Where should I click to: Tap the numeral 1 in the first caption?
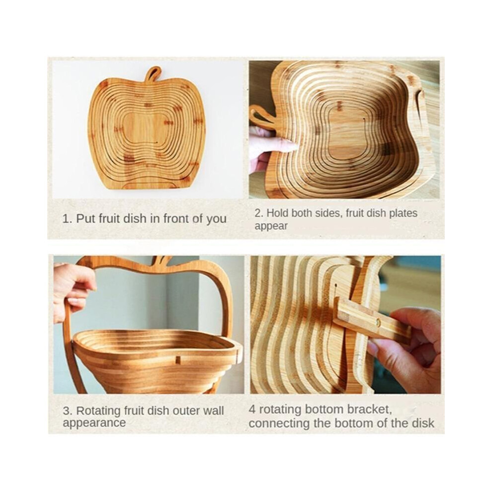tap(65, 218)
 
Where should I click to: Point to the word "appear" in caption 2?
tap(271, 227)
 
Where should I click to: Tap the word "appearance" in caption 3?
tap(94, 422)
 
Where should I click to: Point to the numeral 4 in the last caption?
tap(252, 410)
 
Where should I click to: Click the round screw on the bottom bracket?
tap(378, 322)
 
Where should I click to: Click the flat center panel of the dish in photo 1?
tap(147, 129)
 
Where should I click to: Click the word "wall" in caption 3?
tap(213, 410)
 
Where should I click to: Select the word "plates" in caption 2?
tap(403, 213)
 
